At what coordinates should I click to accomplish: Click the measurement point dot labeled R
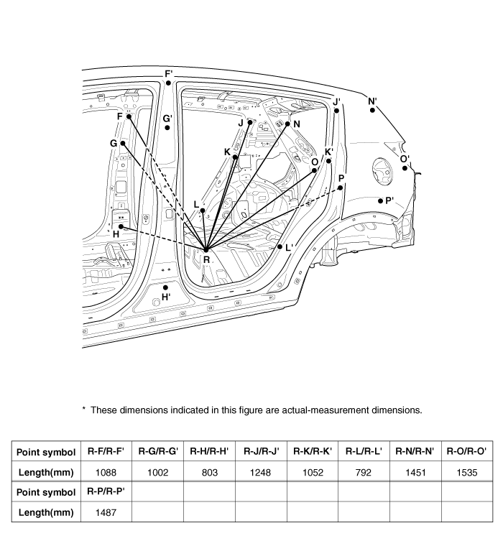[206, 249]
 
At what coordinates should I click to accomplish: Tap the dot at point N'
[372, 109]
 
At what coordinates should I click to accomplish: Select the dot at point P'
[380, 200]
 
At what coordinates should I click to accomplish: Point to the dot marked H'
[166, 287]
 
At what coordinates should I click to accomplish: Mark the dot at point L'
[280, 246]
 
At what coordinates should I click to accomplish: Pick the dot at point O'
[405, 168]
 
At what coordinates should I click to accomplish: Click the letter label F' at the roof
[169, 73]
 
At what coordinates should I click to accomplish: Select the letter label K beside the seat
[227, 152]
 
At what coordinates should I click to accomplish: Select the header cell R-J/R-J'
[261, 451]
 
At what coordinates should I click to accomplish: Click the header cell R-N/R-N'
[415, 451]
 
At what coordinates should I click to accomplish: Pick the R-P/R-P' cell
[106, 491]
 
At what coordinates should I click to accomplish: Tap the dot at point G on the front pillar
[123, 144]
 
